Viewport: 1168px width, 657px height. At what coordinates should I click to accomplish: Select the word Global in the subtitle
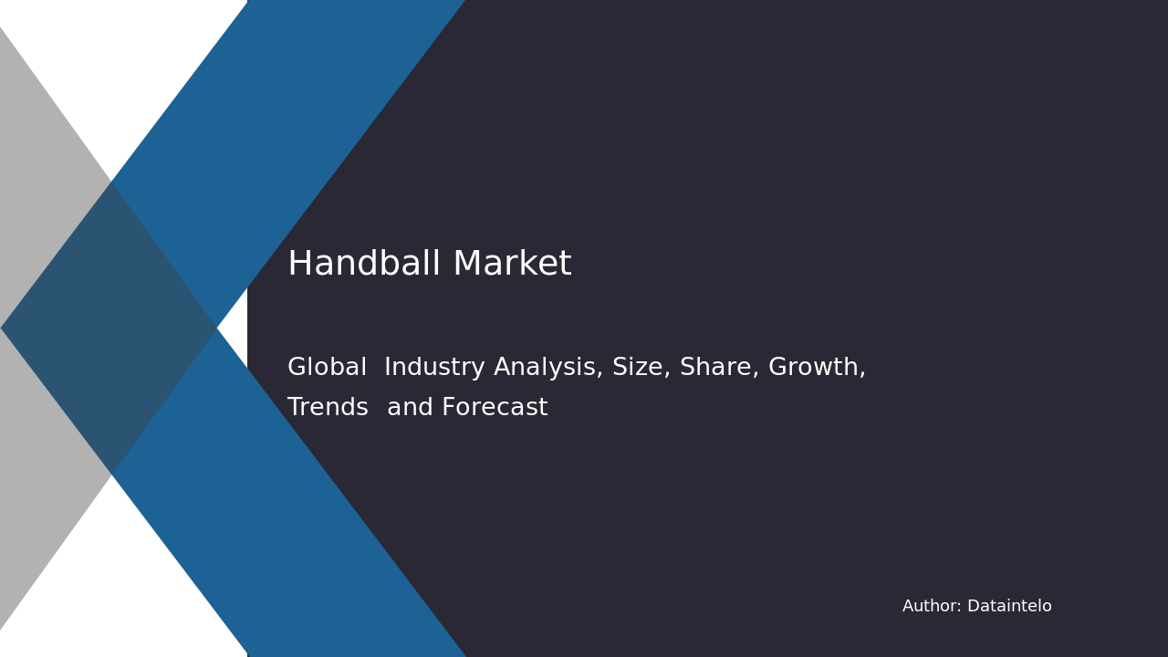(x=327, y=367)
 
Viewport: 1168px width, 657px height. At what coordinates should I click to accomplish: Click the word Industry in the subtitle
(x=434, y=368)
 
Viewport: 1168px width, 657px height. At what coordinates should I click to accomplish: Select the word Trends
(x=328, y=407)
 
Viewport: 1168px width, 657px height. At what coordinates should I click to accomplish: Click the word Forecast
(x=495, y=407)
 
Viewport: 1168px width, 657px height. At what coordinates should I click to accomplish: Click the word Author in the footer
(x=930, y=606)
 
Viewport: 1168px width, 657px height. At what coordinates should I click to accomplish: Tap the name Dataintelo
(x=1009, y=606)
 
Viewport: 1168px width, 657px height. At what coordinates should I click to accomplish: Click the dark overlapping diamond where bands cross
(x=109, y=328)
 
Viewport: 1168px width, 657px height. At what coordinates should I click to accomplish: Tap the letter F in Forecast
(x=448, y=407)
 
